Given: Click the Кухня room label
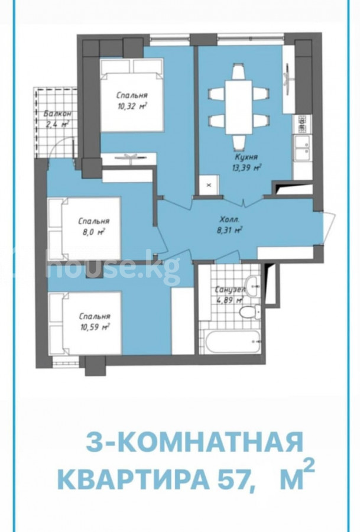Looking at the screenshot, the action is (x=247, y=157).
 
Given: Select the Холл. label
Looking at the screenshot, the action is (x=230, y=219).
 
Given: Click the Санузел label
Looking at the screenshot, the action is (x=231, y=290).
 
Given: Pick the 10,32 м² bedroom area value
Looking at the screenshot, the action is (x=132, y=106).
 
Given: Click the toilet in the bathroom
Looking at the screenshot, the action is (x=251, y=311).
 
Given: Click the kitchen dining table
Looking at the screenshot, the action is (x=239, y=107).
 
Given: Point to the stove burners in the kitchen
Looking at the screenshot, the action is (x=301, y=124).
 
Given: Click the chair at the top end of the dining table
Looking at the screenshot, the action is (x=239, y=72).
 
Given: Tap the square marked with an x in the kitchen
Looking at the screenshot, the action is (x=209, y=185).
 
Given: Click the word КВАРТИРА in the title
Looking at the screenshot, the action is (x=132, y=479).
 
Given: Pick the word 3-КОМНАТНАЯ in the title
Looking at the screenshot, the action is (x=194, y=442).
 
